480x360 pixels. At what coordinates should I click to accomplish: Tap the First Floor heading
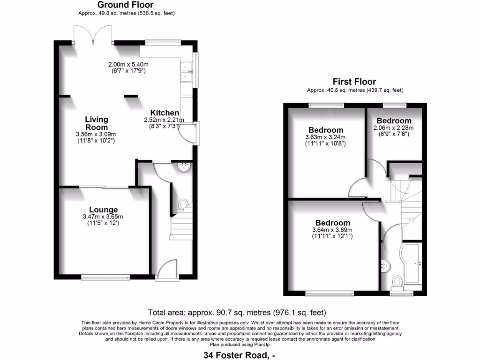pyautogui.click(x=354, y=82)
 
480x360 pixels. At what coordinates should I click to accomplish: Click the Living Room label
pyautogui.click(x=96, y=123)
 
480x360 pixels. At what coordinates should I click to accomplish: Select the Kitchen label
pyautogui.click(x=165, y=112)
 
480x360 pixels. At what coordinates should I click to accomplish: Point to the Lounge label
pyautogui.click(x=103, y=210)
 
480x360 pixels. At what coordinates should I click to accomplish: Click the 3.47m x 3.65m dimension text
pyautogui.click(x=103, y=217)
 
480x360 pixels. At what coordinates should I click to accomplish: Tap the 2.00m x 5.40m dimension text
pyautogui.click(x=128, y=65)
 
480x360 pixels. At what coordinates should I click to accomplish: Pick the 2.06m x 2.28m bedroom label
pyautogui.click(x=394, y=120)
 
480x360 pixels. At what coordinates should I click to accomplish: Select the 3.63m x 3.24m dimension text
pyautogui.click(x=325, y=137)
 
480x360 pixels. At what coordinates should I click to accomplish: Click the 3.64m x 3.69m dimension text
pyautogui.click(x=332, y=230)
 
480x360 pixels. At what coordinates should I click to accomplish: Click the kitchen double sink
pyautogui.click(x=186, y=71)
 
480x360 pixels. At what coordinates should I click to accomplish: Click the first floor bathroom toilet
pyautogui.click(x=397, y=282)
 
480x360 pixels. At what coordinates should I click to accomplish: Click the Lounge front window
pyautogui.click(x=105, y=278)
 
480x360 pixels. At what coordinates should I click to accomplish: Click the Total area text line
pyautogui.click(x=237, y=313)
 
